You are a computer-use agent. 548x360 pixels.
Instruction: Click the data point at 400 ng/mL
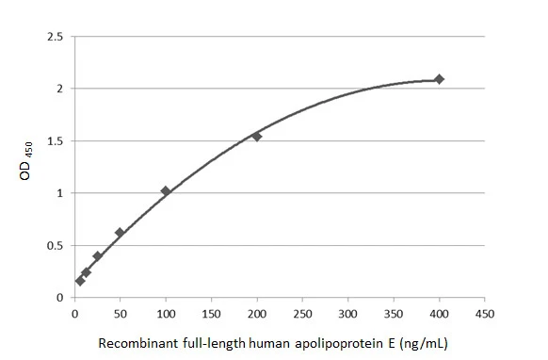439,79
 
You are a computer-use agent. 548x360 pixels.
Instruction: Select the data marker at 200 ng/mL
256,136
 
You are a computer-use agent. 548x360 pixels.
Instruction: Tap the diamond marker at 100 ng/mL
166,191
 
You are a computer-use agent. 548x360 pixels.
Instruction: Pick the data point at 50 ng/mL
120,232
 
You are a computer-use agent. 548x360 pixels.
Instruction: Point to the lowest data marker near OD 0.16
80,281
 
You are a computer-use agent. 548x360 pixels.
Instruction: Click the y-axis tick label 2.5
56,37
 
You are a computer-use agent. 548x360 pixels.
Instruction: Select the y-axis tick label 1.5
56,141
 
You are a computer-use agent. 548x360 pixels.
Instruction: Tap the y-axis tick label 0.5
56,246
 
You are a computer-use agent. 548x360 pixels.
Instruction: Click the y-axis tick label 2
60,89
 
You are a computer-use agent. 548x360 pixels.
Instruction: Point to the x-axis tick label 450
485,312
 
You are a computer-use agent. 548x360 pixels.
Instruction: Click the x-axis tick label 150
211,312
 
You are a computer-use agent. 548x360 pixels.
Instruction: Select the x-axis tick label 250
302,312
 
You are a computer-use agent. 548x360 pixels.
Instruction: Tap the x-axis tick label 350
394,312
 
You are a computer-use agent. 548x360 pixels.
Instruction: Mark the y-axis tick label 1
60,193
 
